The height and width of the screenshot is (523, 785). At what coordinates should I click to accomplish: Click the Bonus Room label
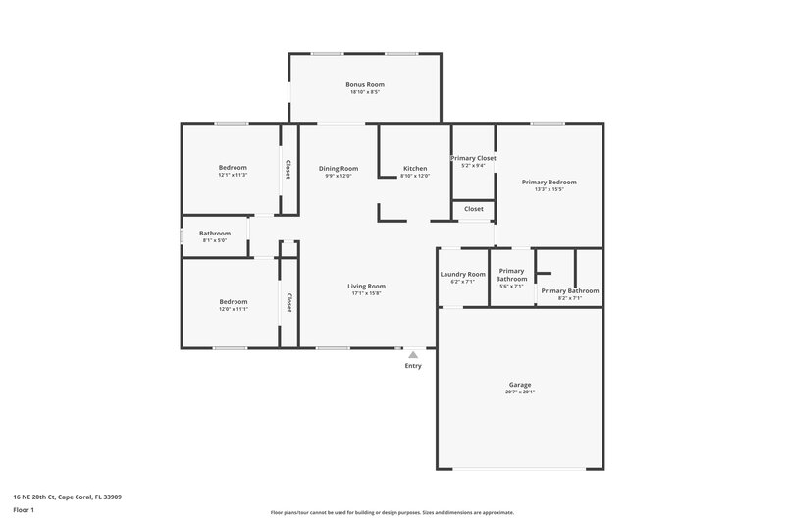(362, 85)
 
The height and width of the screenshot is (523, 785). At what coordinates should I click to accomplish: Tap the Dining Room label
(339, 168)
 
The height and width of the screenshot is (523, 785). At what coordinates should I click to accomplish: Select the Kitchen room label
(415, 168)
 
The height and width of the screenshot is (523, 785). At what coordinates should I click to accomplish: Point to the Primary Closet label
(473, 158)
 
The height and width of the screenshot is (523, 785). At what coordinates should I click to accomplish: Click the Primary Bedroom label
(549, 182)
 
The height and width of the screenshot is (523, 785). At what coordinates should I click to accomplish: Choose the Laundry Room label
(462, 274)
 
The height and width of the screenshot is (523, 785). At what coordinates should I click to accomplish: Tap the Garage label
(520, 384)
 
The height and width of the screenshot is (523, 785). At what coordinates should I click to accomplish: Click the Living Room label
(366, 286)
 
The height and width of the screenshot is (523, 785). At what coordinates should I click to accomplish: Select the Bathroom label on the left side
(215, 233)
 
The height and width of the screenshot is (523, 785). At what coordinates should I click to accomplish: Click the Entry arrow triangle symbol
(413, 354)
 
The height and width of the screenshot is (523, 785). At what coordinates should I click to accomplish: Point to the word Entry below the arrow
(413, 366)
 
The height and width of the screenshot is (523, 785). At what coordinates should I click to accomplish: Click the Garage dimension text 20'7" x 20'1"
(520, 392)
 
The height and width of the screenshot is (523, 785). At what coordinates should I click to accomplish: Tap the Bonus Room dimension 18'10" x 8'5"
(362, 93)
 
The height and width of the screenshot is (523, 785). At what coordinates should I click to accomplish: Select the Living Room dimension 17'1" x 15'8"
(366, 293)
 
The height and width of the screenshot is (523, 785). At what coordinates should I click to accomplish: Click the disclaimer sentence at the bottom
(392, 512)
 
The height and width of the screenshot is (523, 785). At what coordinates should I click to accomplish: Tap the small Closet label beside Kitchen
(473, 209)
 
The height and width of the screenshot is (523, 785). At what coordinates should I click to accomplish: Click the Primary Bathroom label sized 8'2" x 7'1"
(569, 290)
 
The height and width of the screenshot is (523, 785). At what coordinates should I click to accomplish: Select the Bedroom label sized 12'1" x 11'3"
(233, 167)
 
